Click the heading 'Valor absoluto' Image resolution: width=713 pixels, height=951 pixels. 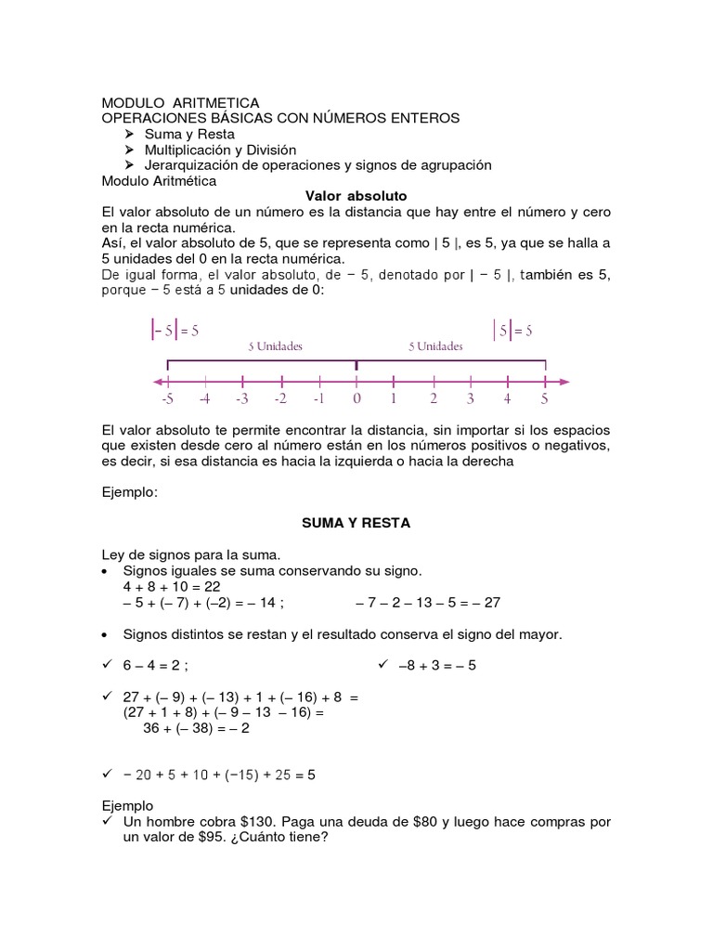[x=356, y=196]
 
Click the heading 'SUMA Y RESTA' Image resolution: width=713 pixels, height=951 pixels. [x=356, y=523]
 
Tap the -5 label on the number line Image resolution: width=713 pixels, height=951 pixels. [x=166, y=399]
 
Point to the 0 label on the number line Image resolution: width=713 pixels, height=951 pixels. [x=356, y=399]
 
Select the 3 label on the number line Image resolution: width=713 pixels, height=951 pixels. [x=470, y=399]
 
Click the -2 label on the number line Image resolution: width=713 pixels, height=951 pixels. [x=279, y=399]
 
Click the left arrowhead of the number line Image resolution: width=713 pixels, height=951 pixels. [x=159, y=381]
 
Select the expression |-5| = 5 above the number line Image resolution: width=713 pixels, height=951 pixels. [x=175, y=330]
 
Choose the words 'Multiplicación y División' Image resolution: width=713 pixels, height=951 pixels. [x=220, y=150]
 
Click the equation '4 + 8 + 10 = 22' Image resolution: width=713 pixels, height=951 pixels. [x=171, y=587]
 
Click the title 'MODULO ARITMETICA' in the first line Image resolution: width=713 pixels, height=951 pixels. [x=180, y=102]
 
